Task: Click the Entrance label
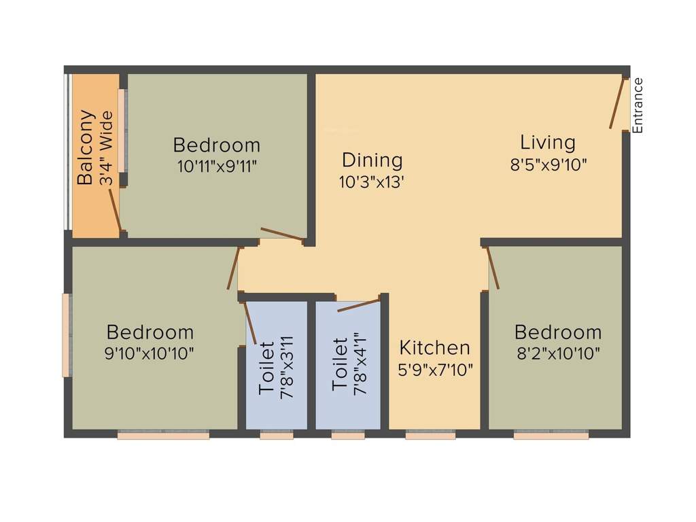[638, 105]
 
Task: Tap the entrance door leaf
[617, 103]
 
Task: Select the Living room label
[548, 143]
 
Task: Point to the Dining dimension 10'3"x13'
[372, 182]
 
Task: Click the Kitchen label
[434, 348]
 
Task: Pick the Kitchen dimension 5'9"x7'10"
[435, 370]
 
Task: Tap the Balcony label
[85, 147]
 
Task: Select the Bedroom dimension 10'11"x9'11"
[217, 167]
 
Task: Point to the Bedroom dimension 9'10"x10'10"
[150, 353]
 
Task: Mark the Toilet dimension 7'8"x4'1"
[360, 364]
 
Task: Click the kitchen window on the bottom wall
[430, 435]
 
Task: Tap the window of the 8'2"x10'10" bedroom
[551, 435]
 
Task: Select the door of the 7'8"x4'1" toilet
[358, 305]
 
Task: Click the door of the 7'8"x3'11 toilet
[249, 322]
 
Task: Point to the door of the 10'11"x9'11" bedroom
[281, 234]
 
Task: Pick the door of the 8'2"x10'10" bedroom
[493, 268]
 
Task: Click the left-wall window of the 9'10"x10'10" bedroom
[67, 334]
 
